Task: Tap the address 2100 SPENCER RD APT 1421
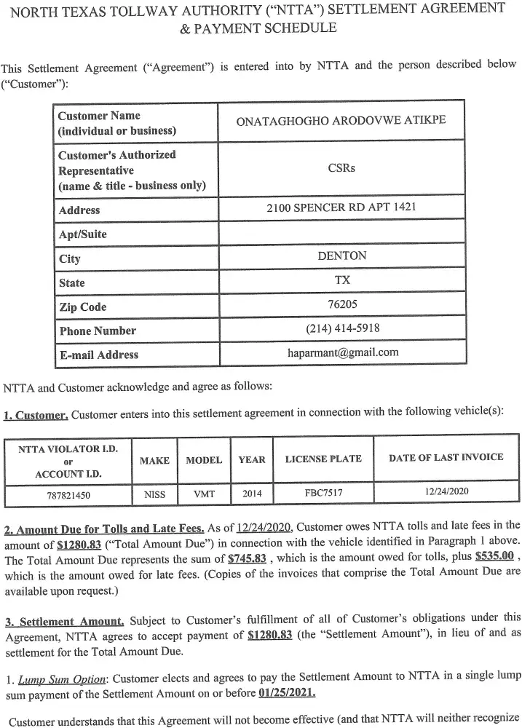pyautogui.click(x=341, y=208)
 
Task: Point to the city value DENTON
pyautogui.click(x=342, y=256)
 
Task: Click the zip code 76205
pyautogui.click(x=342, y=304)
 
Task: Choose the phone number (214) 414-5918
pyautogui.click(x=342, y=328)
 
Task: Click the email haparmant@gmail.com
pyautogui.click(x=343, y=352)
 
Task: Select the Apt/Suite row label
pyautogui.click(x=82, y=234)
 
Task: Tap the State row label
pyautogui.click(x=71, y=282)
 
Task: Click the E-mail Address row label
pyautogui.click(x=98, y=355)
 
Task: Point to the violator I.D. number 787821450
pyautogui.click(x=68, y=494)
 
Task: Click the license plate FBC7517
pyautogui.click(x=323, y=493)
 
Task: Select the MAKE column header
pyautogui.click(x=154, y=460)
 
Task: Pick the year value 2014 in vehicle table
pyautogui.click(x=252, y=493)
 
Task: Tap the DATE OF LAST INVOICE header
pyautogui.click(x=446, y=457)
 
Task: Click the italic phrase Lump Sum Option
pyautogui.click(x=62, y=679)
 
